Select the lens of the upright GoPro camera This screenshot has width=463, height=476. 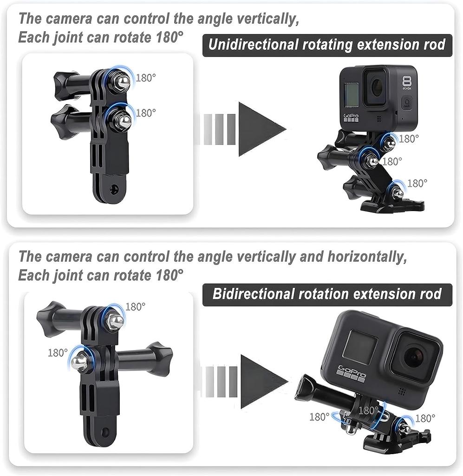376,86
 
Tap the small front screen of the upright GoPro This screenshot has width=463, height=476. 352,94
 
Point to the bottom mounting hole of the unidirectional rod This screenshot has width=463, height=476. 114,189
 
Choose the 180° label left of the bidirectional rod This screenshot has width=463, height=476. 58,353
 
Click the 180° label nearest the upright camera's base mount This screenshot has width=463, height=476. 417,184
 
